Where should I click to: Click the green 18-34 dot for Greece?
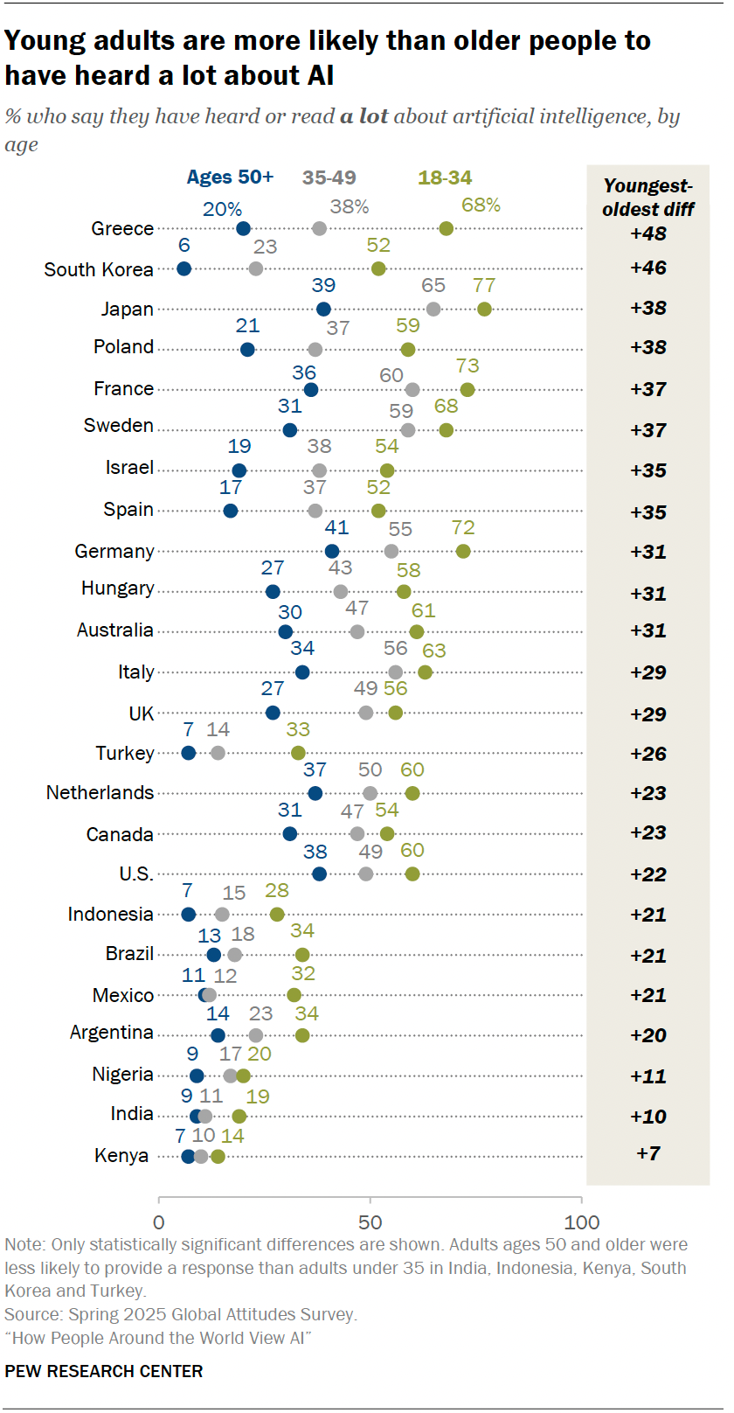click(x=447, y=229)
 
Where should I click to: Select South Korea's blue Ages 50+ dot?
click(x=184, y=268)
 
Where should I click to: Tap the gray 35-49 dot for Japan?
click(x=433, y=309)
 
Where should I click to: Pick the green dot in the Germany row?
click(x=463, y=551)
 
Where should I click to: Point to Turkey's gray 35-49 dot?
click(x=218, y=753)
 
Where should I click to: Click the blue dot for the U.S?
click(x=319, y=874)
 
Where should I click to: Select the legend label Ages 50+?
click(x=230, y=177)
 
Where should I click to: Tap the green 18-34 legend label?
click(x=445, y=177)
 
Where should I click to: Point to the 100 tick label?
click(x=582, y=1222)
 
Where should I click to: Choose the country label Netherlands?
click(x=100, y=793)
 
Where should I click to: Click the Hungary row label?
click(x=117, y=588)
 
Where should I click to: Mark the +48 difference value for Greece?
click(x=648, y=233)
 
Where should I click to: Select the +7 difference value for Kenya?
click(x=648, y=1153)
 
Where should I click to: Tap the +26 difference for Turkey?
click(x=648, y=754)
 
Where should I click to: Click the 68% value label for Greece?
click(x=481, y=205)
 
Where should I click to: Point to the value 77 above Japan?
click(x=484, y=286)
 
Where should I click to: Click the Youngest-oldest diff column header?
click(x=648, y=198)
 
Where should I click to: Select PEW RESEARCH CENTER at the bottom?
click(x=104, y=1371)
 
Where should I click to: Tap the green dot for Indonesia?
click(x=277, y=915)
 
